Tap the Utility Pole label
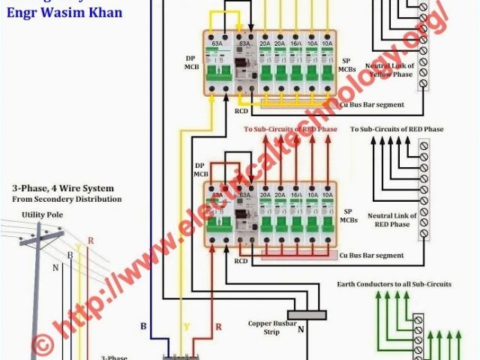(x=38, y=214)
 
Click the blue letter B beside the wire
(x=142, y=326)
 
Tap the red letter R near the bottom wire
(x=218, y=326)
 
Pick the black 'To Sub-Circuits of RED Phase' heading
(x=397, y=129)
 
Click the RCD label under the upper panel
(x=241, y=111)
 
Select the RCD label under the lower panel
(x=241, y=261)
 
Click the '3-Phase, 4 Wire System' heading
(x=63, y=187)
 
